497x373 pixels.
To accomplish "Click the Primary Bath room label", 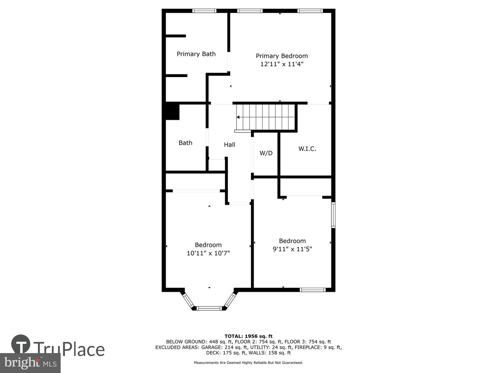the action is point(196,54).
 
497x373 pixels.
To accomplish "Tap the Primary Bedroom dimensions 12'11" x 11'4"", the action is point(282,64).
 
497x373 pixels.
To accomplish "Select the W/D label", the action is point(266,153).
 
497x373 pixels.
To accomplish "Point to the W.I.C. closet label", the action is point(307,149).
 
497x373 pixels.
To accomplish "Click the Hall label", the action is point(230,145).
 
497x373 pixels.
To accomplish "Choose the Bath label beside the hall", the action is point(185,143).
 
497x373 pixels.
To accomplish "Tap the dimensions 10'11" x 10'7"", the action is point(208,253).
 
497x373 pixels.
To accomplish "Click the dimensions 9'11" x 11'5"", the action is point(293,249).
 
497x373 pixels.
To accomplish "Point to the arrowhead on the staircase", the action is point(238,117).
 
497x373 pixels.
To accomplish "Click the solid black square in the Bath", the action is point(173,112).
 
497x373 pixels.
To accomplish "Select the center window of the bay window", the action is point(209,308).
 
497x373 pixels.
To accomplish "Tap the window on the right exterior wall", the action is point(333,215).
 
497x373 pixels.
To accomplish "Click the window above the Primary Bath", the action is point(204,11).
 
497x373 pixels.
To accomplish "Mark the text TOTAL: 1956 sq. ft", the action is point(248,336).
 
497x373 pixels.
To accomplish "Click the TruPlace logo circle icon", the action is point(21,344).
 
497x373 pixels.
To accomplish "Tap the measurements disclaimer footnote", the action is point(248,363).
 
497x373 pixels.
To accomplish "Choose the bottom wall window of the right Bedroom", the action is point(313,290).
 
